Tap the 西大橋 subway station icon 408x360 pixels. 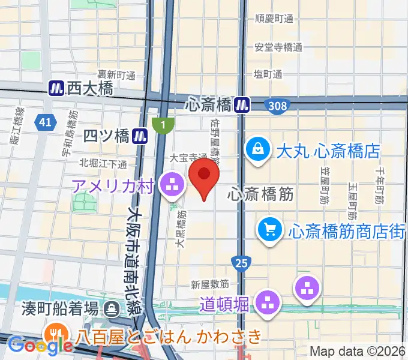tap(57, 88)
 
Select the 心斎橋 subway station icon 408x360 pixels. tap(242, 105)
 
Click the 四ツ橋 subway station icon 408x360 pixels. tap(141, 136)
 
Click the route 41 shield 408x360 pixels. tap(43, 122)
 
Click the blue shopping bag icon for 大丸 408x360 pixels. tap(257, 150)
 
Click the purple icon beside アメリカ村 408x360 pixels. tap(172, 185)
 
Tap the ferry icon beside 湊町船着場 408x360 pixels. tap(112, 309)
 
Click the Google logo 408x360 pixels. tap(40, 345)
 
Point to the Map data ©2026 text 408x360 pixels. tap(357, 351)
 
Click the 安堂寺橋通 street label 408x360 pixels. tap(278, 47)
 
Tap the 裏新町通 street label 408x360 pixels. tap(117, 74)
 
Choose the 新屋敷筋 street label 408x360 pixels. tap(211, 283)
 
